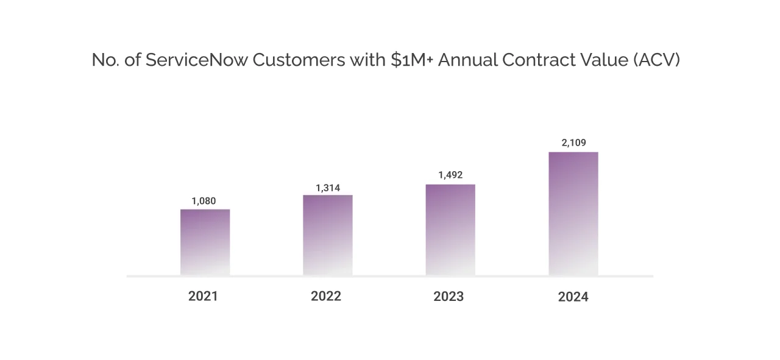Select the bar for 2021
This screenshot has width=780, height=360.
click(205, 242)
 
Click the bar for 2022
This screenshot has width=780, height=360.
click(327, 235)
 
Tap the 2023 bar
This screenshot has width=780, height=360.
click(450, 230)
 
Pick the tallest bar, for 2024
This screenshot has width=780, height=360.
click(573, 214)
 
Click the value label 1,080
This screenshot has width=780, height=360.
click(204, 201)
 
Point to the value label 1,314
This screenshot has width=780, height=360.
click(327, 188)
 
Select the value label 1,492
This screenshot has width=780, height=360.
click(450, 175)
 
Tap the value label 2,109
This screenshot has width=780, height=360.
click(573, 143)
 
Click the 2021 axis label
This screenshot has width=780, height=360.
click(203, 297)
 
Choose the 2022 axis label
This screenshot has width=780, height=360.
click(326, 297)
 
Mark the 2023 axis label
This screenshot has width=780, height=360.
click(448, 297)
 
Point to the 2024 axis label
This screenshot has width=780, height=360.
click(573, 297)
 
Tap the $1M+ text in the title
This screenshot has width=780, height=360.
click(413, 60)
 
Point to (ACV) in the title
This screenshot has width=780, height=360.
click(656, 60)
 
